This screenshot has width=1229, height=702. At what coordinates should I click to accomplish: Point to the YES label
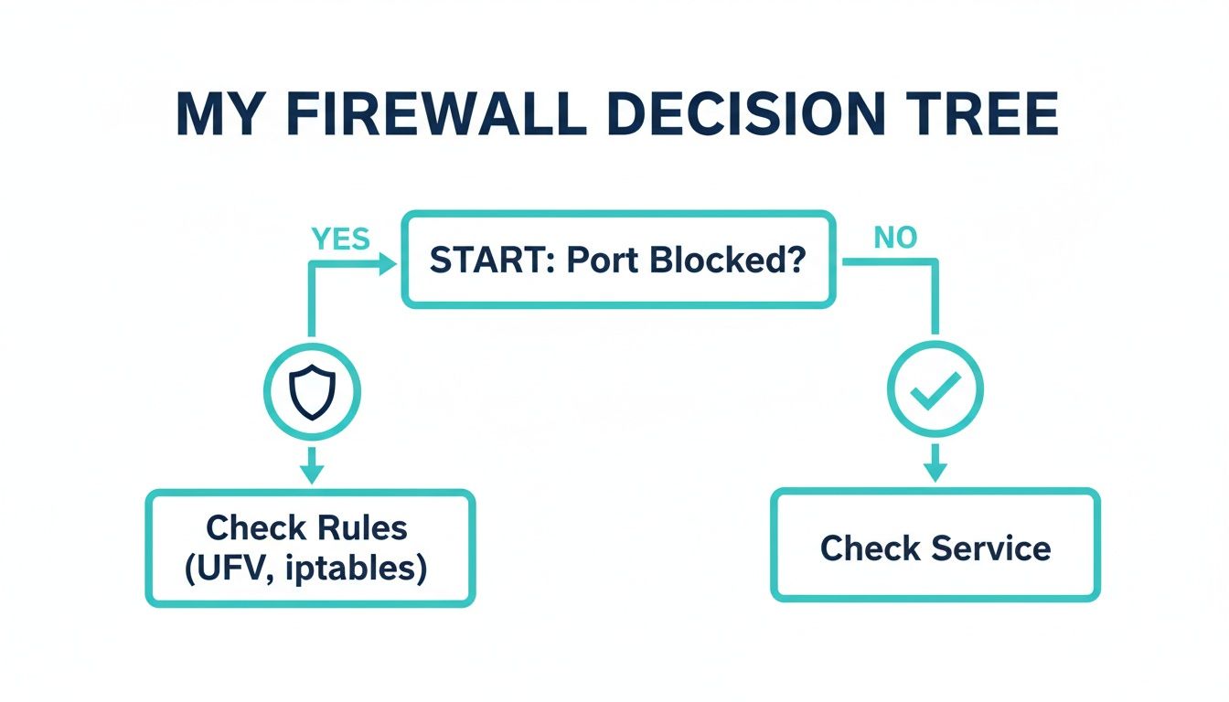(x=340, y=239)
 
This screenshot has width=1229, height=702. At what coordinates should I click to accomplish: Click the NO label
(x=895, y=239)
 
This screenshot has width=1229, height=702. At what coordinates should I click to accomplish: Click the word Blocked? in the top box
(x=728, y=261)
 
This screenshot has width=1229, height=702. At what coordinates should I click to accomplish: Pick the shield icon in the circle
(x=313, y=393)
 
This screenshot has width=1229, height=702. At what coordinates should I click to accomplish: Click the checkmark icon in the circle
(x=935, y=389)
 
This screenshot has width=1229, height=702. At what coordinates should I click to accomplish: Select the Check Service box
(x=935, y=547)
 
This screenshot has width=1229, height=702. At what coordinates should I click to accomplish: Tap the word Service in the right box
(x=991, y=548)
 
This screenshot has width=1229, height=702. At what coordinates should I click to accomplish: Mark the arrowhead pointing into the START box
(x=388, y=264)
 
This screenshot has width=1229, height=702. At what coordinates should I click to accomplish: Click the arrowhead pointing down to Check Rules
(x=313, y=473)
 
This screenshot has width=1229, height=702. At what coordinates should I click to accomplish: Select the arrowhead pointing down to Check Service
(x=935, y=472)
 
